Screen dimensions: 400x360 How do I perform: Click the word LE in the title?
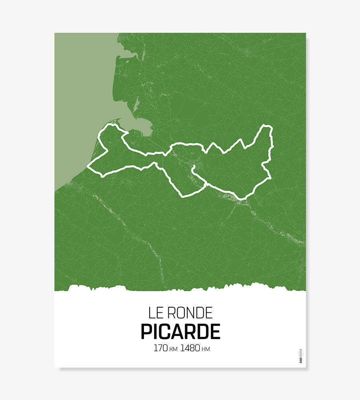154,313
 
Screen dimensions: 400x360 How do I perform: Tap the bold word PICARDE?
180,332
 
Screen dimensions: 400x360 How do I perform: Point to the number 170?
161,348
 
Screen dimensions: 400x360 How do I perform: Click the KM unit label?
173,349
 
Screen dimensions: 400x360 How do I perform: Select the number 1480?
190,348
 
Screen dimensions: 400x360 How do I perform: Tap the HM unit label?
206,349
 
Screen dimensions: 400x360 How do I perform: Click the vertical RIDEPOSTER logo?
301,356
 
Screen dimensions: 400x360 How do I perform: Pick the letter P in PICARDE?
146,332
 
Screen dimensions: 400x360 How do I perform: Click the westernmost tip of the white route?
88,167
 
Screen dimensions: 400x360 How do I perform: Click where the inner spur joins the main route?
206,184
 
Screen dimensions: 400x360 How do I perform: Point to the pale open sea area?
80,100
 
